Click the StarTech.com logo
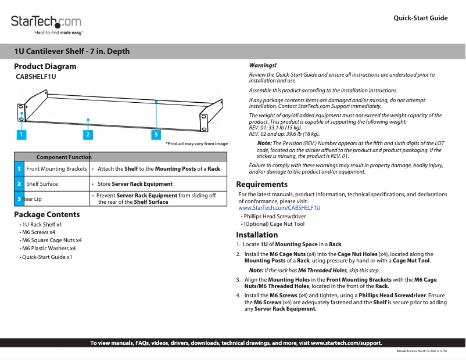click(46, 23)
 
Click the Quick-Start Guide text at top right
click(420, 18)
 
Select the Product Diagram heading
click(45, 66)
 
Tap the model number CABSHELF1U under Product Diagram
click(35, 77)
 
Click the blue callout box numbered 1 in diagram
click(20, 135)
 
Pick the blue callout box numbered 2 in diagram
click(88, 135)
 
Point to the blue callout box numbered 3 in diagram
click(156, 135)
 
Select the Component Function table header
click(64, 157)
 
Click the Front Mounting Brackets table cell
click(56, 169)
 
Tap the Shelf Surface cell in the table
click(42, 184)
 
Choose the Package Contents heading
click(46, 214)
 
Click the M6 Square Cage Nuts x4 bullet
click(52, 240)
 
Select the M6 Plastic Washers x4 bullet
click(49, 248)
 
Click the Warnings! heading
click(263, 66)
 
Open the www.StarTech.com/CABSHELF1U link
click(279, 207)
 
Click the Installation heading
click(257, 235)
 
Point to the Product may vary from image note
click(196, 143)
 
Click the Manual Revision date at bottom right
click(421, 351)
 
